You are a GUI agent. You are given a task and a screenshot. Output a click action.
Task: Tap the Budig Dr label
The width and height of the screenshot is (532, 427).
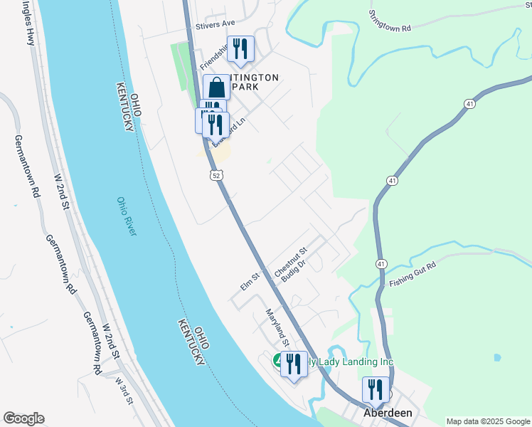pos(293,273)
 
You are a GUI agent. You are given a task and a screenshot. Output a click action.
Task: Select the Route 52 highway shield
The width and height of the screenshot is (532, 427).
pos(216,174)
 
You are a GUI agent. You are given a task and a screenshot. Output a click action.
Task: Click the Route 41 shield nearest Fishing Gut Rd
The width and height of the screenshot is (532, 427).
pos(382,264)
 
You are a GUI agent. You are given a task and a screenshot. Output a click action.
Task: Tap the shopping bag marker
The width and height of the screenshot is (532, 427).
pos(217,88)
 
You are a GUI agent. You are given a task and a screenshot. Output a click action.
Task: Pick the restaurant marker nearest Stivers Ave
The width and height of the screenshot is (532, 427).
pos(241,49)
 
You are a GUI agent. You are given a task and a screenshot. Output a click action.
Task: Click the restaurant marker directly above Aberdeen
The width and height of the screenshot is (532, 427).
pos(376,389)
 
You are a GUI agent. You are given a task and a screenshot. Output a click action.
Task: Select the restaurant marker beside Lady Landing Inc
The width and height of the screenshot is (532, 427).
pos(294,364)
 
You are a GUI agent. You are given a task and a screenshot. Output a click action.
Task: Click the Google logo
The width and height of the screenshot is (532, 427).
pos(23,418)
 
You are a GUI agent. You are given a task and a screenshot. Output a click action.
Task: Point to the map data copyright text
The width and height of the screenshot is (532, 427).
pos(486,421)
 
